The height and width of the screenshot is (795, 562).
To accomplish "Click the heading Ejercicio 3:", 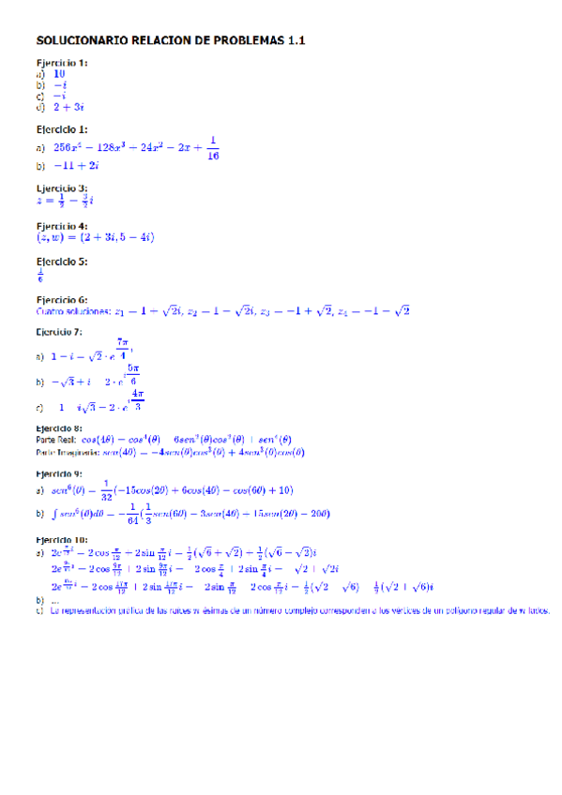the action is pyautogui.click(x=62, y=187).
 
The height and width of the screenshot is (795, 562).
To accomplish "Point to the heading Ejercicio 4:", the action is pyautogui.click(x=62, y=226).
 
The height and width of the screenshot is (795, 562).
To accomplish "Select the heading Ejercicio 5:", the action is pyautogui.click(x=62, y=262).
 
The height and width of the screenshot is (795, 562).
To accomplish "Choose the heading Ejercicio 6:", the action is pyautogui.click(x=62, y=299).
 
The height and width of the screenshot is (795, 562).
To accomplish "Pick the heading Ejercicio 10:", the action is pyautogui.click(x=62, y=540).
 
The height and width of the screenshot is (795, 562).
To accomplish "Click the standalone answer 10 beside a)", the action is pyautogui.click(x=59, y=73).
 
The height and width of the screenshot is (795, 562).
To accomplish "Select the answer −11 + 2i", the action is pyautogui.click(x=76, y=165).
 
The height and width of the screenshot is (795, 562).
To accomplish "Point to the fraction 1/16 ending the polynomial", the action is pyautogui.click(x=214, y=148).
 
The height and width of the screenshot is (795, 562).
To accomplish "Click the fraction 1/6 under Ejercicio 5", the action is pyautogui.click(x=39, y=276).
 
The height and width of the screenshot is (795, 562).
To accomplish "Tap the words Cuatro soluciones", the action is pyautogui.click(x=71, y=311).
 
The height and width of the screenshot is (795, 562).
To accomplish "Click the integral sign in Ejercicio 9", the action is pyautogui.click(x=56, y=514).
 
